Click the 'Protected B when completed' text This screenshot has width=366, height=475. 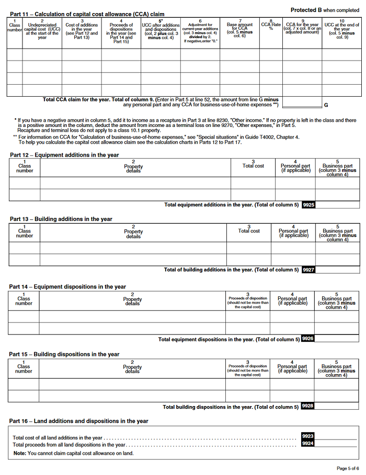[324, 10]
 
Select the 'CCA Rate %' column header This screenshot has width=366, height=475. [271, 26]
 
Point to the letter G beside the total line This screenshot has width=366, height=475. [326, 105]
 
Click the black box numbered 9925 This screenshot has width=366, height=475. [308, 205]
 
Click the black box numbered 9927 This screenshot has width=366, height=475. [308, 270]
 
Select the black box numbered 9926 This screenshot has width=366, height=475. [308, 339]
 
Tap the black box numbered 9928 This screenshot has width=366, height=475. [308, 406]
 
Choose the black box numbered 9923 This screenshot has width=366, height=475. [308, 436]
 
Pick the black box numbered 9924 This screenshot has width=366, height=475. [308, 444]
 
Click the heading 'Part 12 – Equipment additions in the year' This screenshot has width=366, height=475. [64, 155]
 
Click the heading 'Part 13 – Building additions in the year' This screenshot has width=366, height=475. [61, 219]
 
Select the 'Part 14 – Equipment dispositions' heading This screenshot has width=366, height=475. [67, 287]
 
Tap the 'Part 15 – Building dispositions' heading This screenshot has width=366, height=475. [64, 354]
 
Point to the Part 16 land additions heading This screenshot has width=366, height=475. [78, 421]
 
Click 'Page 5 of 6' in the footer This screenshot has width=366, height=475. [348, 468]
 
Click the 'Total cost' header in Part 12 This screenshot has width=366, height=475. [253, 166]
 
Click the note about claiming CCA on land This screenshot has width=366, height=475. [73, 453]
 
